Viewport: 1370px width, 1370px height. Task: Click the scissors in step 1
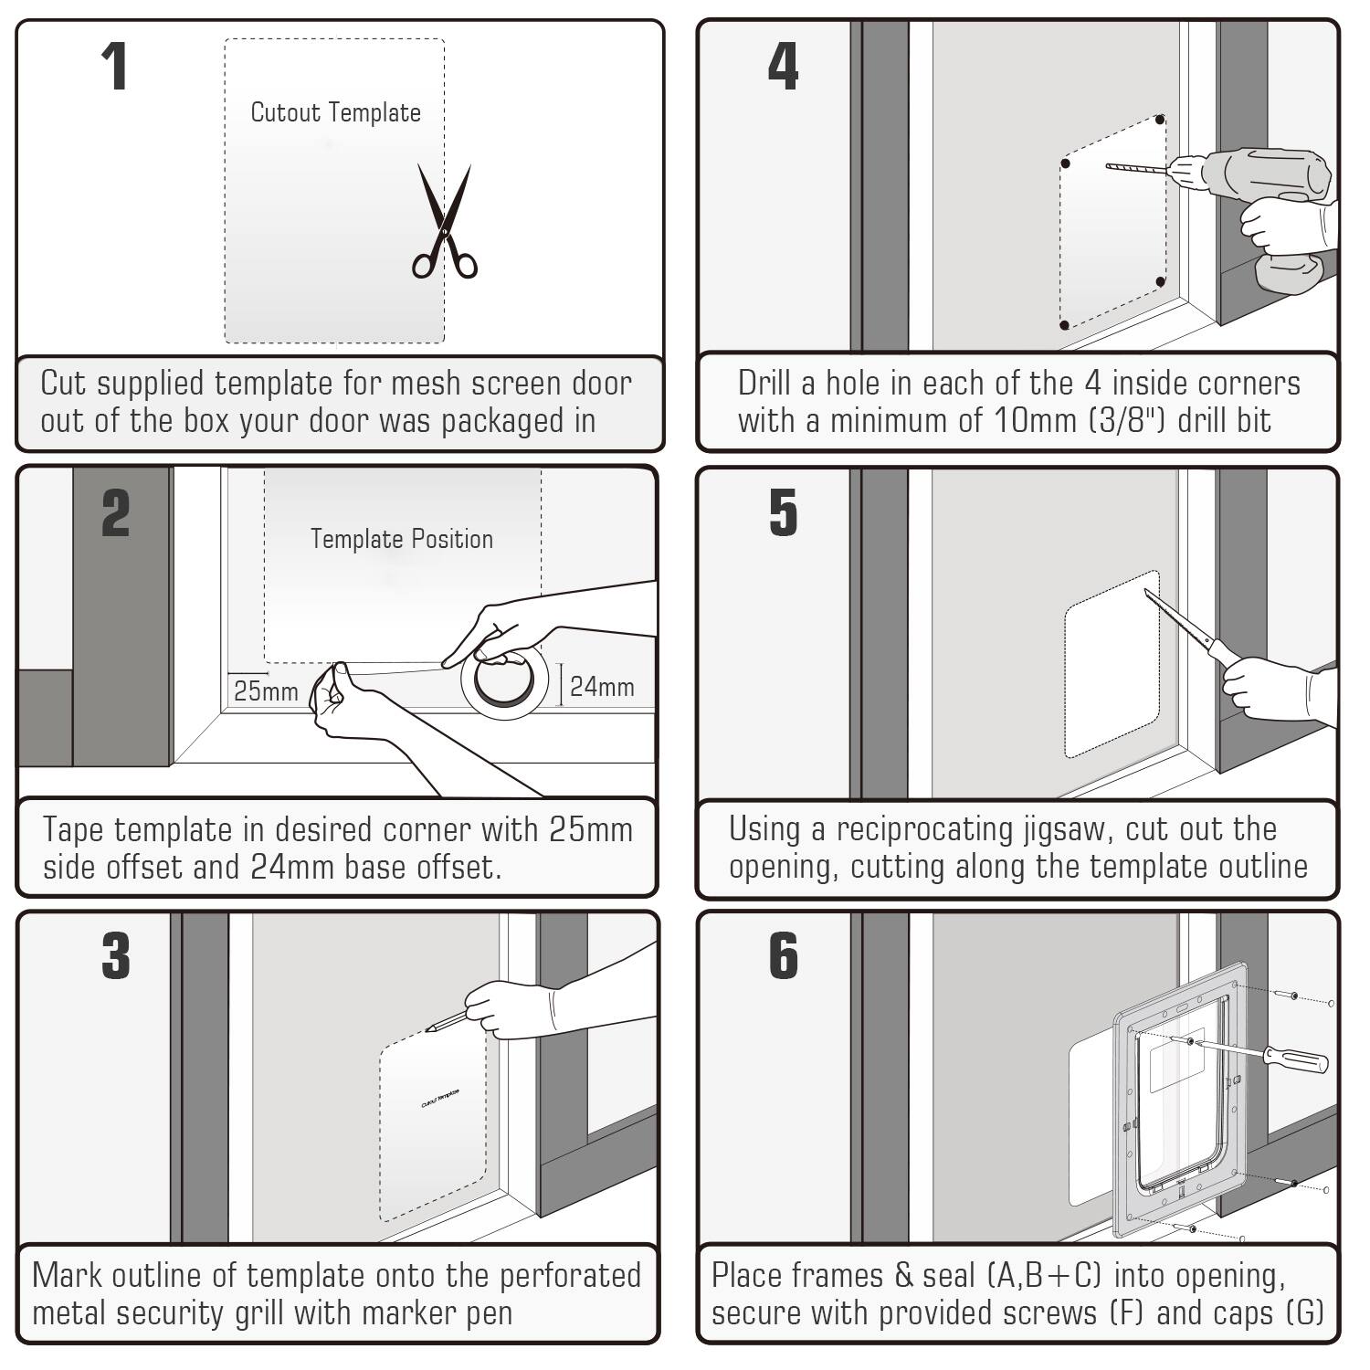click(445, 224)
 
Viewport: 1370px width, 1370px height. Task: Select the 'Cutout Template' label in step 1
click(335, 113)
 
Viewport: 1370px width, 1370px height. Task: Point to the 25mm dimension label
click(266, 691)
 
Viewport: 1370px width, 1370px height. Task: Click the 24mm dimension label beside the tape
click(602, 687)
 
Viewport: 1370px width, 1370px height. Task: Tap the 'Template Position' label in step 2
click(401, 539)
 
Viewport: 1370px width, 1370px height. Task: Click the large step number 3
click(116, 957)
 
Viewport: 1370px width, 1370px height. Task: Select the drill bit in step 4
click(1137, 168)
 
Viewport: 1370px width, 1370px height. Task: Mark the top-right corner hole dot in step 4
click(1160, 120)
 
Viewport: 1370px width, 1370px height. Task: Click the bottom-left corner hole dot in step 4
click(1064, 325)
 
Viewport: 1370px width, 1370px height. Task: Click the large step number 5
click(783, 513)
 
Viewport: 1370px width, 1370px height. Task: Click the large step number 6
click(783, 957)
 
